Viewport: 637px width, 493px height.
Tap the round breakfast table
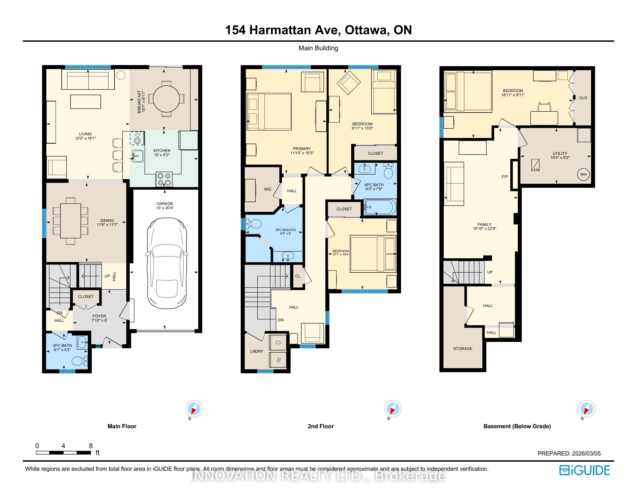click(x=166, y=99)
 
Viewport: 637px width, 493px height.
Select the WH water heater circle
click(x=583, y=175)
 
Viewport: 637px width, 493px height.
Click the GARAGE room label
click(x=165, y=204)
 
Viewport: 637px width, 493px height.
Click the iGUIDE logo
click(x=584, y=470)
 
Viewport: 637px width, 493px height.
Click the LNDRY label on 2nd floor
click(x=257, y=351)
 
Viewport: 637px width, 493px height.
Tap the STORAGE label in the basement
click(x=463, y=348)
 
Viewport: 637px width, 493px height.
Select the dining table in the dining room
click(x=71, y=221)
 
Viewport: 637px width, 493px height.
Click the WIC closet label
click(x=268, y=189)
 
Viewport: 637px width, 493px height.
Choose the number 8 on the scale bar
click(x=91, y=446)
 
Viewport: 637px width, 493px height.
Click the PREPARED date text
click(x=569, y=454)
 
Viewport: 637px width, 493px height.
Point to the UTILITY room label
click(x=560, y=153)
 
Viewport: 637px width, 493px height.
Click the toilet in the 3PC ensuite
click(x=253, y=224)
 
